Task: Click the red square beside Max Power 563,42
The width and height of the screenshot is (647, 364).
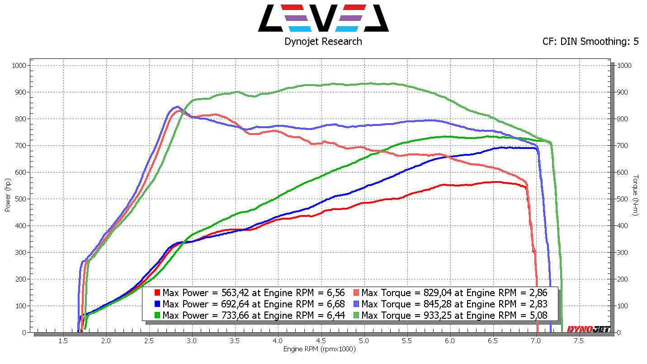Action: point(157,292)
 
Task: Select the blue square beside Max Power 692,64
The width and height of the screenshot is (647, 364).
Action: point(157,304)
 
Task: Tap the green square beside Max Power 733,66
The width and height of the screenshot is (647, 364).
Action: point(157,315)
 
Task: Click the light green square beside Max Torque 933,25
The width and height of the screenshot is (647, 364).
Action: point(356,315)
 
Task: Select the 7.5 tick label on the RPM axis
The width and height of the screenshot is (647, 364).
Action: point(578,341)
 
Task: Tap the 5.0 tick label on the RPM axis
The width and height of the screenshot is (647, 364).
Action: point(364,341)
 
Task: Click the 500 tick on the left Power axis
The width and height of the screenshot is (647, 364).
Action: point(22,199)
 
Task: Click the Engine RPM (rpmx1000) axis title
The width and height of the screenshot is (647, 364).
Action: point(320,350)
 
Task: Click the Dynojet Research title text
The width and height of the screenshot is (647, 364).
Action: point(323,42)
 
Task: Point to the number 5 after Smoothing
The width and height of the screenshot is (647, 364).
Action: point(636,42)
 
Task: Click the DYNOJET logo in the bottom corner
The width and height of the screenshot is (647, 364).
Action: point(588,329)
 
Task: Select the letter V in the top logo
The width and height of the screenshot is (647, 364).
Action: point(323,18)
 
